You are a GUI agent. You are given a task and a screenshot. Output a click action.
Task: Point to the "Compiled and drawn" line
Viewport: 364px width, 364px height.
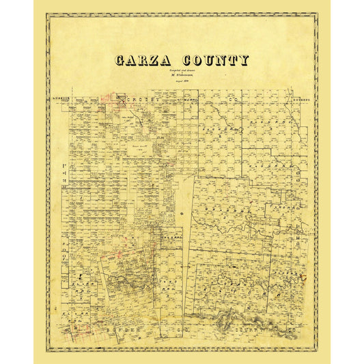pos(182,71)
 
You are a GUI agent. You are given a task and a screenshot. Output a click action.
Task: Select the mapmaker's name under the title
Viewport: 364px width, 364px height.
pos(182,76)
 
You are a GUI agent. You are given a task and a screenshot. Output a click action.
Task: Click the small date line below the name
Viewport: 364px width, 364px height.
pos(182,81)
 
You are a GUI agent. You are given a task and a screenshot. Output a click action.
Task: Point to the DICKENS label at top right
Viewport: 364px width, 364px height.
pos(301,100)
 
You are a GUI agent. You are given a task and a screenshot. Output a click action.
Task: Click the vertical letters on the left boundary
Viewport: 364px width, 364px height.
pos(63,225)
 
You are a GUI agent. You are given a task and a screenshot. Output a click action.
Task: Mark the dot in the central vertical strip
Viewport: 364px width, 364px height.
pos(182,214)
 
